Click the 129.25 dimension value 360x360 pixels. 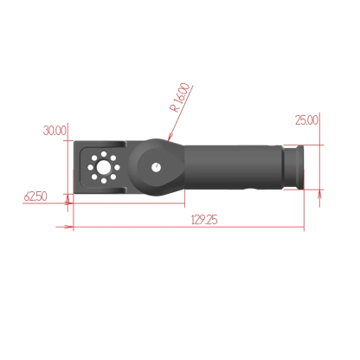point(203,220)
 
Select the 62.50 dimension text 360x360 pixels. point(35,197)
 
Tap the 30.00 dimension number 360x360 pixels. point(55,131)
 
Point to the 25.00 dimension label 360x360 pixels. point(306,120)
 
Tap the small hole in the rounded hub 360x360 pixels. point(156,167)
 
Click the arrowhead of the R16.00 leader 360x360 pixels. point(170,139)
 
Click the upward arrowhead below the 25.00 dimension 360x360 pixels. point(322,194)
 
